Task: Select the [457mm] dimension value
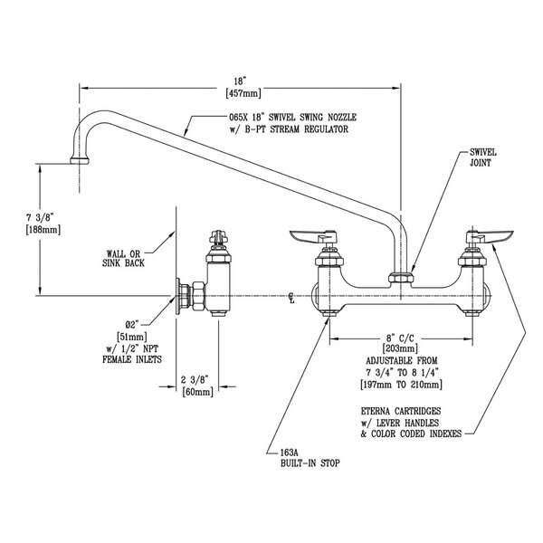coord(243,91)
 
